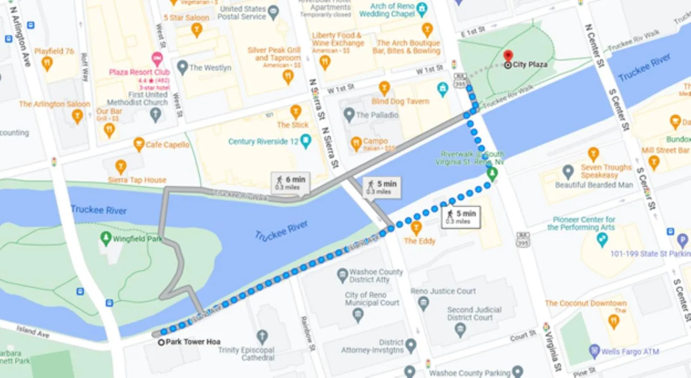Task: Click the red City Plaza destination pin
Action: (x=508, y=56)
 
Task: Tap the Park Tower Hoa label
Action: (x=193, y=342)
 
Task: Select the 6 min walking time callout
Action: (x=291, y=182)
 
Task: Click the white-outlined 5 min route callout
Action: (x=462, y=217)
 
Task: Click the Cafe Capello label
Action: (x=167, y=144)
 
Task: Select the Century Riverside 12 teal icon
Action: (x=306, y=141)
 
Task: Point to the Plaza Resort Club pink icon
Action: (x=157, y=58)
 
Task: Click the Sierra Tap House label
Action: (x=137, y=180)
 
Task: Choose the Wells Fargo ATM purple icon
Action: (x=594, y=351)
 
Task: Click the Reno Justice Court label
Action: (x=443, y=291)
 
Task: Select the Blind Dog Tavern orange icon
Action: (x=384, y=87)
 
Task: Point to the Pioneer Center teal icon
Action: (x=602, y=239)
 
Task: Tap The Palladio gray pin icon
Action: (x=349, y=115)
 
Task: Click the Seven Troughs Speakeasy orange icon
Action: (x=593, y=154)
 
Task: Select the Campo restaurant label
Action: (x=375, y=141)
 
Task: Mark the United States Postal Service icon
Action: (x=273, y=12)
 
